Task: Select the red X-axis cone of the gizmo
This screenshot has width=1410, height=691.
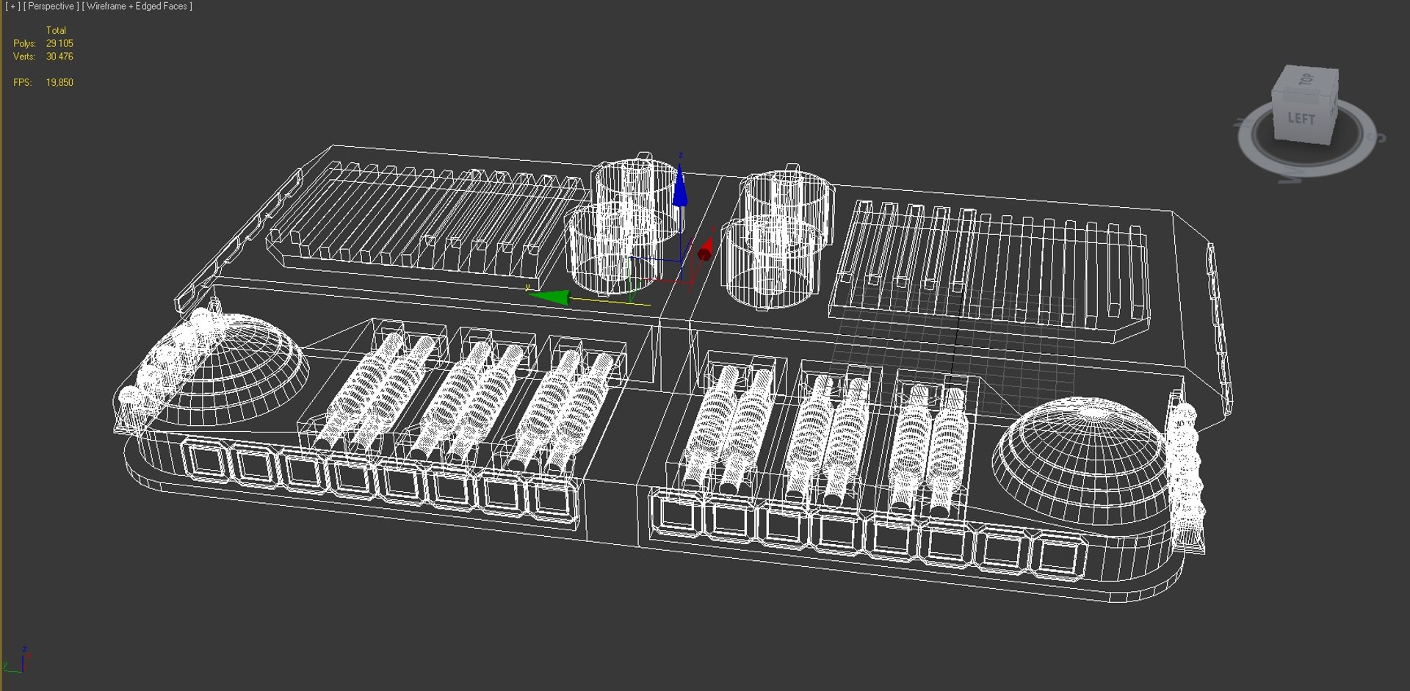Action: tap(705, 250)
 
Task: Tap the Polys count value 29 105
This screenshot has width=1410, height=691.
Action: tap(59, 43)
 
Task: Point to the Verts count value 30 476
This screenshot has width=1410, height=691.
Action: tap(59, 57)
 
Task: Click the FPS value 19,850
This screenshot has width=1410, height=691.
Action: tap(59, 82)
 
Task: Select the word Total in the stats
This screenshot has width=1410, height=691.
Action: tap(56, 30)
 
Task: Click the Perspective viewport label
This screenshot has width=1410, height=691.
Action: tap(51, 7)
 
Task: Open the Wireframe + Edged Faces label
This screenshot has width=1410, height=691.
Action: tap(137, 7)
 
